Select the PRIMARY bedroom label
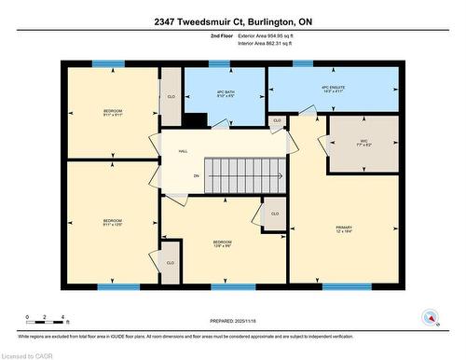(344, 229)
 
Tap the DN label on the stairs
(196, 175)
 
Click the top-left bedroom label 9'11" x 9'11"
(112, 114)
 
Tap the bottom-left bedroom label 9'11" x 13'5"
(112, 224)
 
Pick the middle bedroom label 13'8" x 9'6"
(222, 245)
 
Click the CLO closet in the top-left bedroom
(171, 96)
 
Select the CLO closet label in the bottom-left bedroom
(170, 263)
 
